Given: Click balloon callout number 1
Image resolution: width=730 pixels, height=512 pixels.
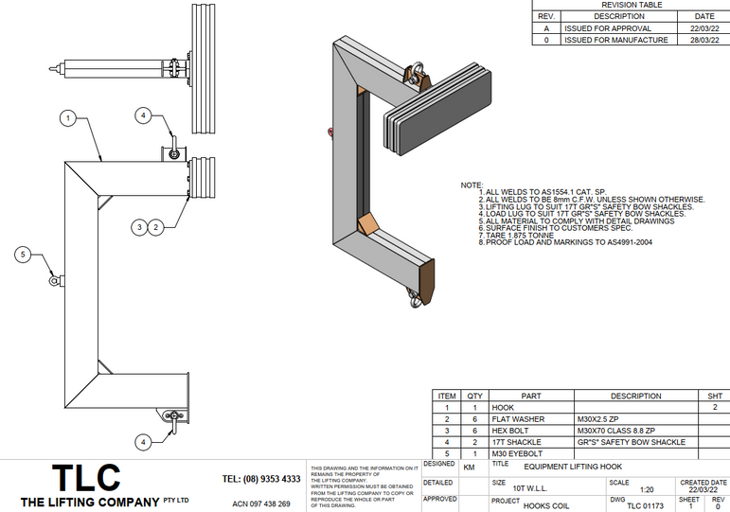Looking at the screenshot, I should point(67,118).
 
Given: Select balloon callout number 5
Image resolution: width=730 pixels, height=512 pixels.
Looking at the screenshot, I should point(26,253).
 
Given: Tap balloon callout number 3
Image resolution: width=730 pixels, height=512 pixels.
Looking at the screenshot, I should point(139,226).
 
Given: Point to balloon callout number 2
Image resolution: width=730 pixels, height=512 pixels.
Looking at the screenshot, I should point(157,226).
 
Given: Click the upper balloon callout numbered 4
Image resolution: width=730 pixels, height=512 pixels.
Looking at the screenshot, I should point(143,115).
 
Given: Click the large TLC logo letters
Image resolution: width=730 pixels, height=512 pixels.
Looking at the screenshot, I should point(86,477).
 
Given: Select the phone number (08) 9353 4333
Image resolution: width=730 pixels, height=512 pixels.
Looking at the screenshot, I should point(261,479).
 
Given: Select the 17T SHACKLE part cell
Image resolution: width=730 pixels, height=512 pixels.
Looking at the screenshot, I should point(517,442).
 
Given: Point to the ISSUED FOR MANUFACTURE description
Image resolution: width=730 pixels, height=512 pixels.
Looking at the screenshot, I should point(615,40).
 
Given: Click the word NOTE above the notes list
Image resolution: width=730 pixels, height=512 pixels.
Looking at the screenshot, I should point(471,185).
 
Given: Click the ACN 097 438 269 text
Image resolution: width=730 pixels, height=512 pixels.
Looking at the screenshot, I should point(261,503).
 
